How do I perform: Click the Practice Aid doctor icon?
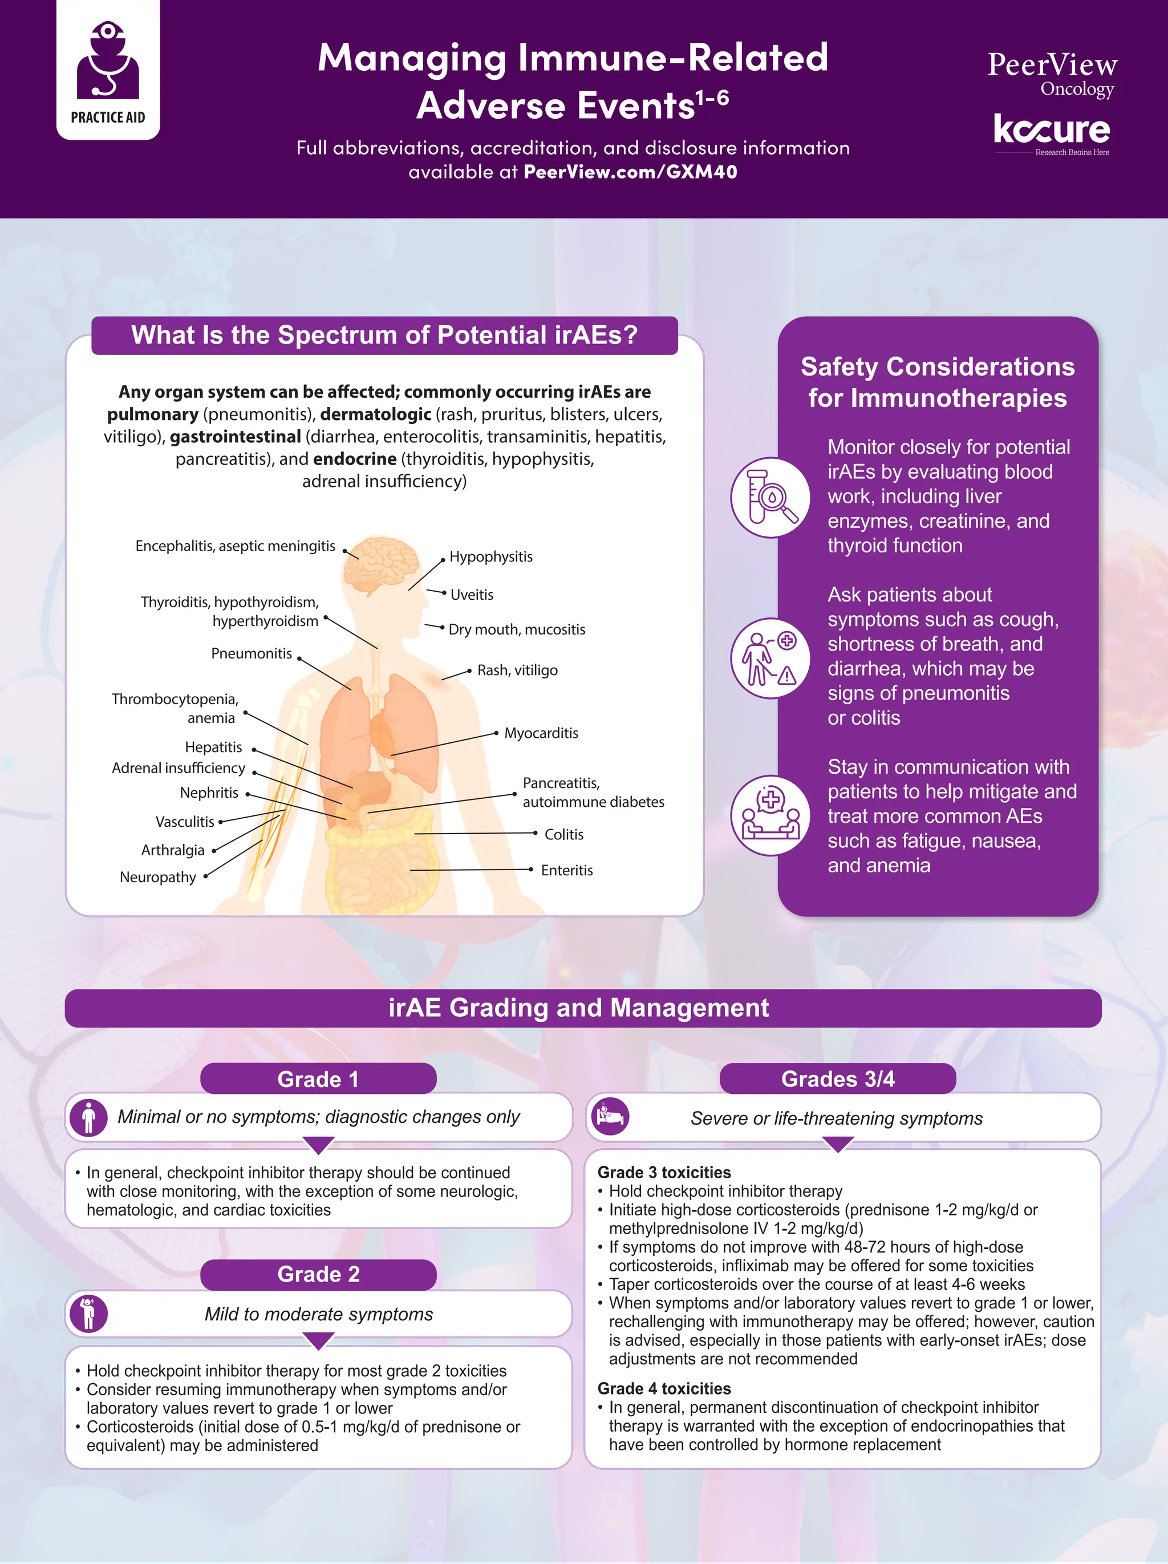tap(108, 60)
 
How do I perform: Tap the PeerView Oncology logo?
tap(1052, 74)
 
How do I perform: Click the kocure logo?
tap(1052, 134)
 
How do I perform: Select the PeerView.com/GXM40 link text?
tap(630, 172)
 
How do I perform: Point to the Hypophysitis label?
tap(491, 556)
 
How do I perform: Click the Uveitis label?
tap(472, 595)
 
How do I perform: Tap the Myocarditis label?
tap(541, 733)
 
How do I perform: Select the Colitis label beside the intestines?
tap(564, 834)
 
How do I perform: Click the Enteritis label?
tap(567, 870)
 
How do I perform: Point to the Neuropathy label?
tap(159, 878)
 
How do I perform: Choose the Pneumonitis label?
tap(252, 653)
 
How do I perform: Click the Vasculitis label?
tap(185, 822)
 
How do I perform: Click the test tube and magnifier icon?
tap(770, 497)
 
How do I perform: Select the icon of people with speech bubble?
tap(770, 815)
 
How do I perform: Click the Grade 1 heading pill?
tap(318, 1079)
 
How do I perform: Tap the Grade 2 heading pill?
tap(318, 1274)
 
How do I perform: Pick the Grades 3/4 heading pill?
tap(837, 1079)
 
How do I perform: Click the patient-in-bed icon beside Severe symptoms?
tap(610, 1117)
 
